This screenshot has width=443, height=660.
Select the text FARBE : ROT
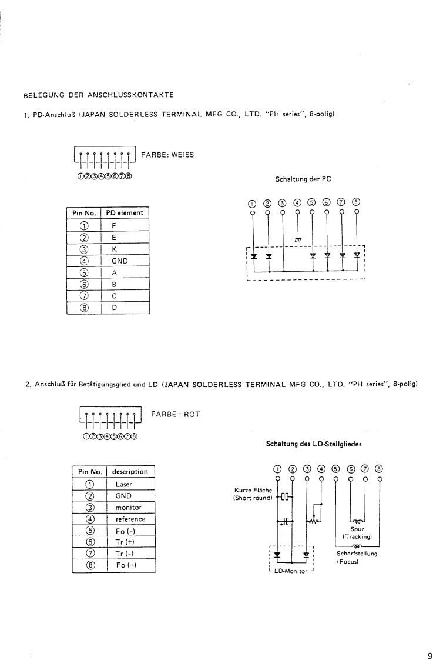176,414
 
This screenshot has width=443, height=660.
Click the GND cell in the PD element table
119,259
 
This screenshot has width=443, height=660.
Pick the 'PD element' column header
125,212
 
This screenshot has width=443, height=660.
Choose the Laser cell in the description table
124,484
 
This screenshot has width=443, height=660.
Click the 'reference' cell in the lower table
130,519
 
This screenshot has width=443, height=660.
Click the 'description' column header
130,472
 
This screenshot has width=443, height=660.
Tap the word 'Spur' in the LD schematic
357,529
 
